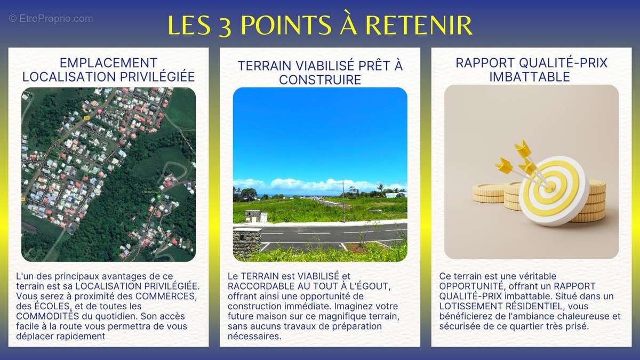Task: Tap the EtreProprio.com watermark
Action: pos(51,19)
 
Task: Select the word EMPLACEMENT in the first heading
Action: pos(108,63)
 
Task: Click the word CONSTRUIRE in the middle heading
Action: pos(320,79)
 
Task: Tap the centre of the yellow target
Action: pos(549,187)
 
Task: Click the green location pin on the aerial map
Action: pos(158,197)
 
